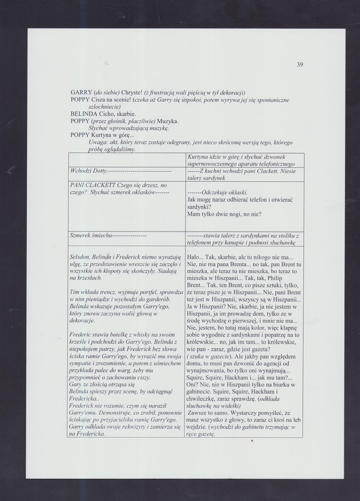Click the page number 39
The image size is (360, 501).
[299, 65]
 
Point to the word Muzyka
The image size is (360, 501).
[166, 121]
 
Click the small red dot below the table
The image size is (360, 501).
[252, 441]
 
